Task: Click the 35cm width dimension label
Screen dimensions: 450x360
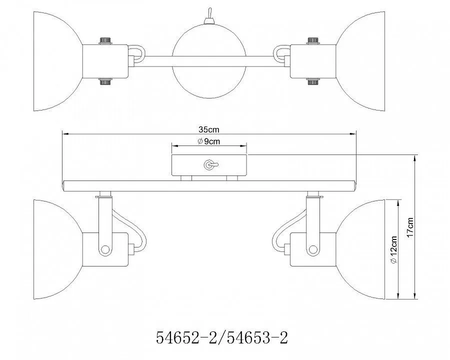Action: (x=208, y=129)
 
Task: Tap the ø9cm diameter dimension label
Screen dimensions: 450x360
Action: (x=209, y=141)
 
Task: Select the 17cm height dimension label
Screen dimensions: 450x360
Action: (x=410, y=227)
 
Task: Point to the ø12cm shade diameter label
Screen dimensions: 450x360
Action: (x=394, y=249)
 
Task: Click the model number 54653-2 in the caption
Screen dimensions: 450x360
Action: (x=257, y=337)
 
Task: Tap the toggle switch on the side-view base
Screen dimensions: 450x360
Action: (x=210, y=165)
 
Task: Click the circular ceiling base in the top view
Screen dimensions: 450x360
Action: (x=209, y=61)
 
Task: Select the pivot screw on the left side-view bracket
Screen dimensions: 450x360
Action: (x=105, y=249)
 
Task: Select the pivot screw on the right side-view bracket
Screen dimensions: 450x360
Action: (x=313, y=249)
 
